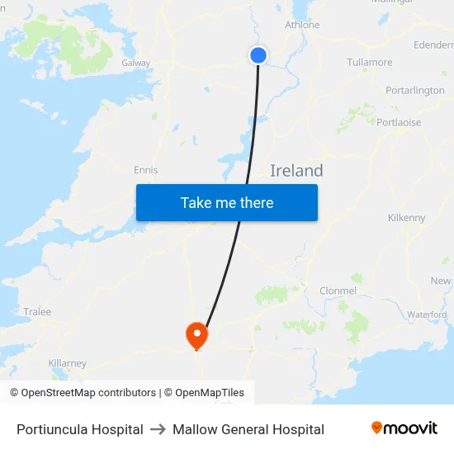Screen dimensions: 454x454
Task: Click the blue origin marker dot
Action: tap(258, 55)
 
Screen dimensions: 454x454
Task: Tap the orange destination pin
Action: tap(196, 334)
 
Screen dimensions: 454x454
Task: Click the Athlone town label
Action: tap(302, 25)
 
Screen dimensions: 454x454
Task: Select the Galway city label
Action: tap(135, 63)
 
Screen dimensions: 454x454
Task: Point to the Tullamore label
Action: tap(370, 62)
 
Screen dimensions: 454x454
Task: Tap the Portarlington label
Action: tap(414, 91)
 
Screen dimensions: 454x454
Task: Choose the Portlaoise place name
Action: tap(399, 122)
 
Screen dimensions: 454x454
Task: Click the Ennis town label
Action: tap(145, 170)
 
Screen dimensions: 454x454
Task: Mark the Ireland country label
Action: tap(296, 171)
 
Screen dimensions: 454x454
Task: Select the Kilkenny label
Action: tap(406, 218)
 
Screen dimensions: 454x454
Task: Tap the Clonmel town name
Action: tap(338, 291)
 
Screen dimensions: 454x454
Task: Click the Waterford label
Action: tap(427, 314)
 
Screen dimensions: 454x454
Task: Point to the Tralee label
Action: tap(37, 312)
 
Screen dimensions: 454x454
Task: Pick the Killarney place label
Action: tap(68, 363)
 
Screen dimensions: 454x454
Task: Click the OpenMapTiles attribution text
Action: tap(210, 393)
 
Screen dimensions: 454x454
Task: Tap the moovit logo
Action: tap(404, 428)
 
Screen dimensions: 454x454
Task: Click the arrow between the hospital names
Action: tap(158, 429)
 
